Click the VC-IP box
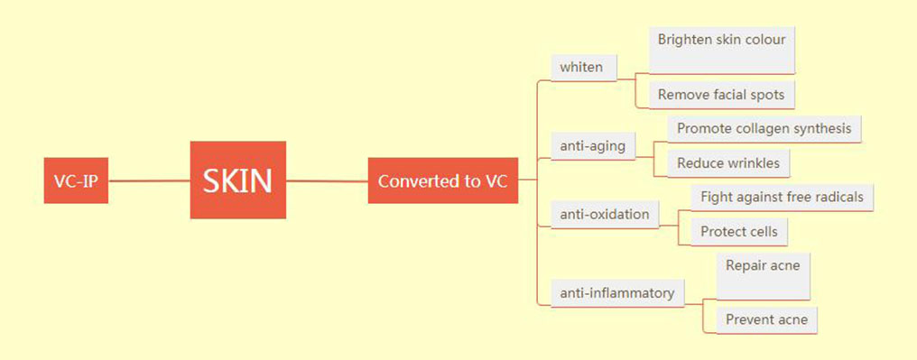[76, 180]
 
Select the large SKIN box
[237, 180]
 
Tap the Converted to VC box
[442, 180]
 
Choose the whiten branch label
[583, 67]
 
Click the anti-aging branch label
[592, 145]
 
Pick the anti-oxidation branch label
[604, 214]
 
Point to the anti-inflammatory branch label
[616, 292]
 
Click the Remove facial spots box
[721, 94]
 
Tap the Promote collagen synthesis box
[764, 128]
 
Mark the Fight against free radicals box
[782, 197]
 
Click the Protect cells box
[738, 231]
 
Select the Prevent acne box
[766, 319]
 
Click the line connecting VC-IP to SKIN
[149, 180]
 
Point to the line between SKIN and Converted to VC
[327, 180]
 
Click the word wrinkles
[755, 162]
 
